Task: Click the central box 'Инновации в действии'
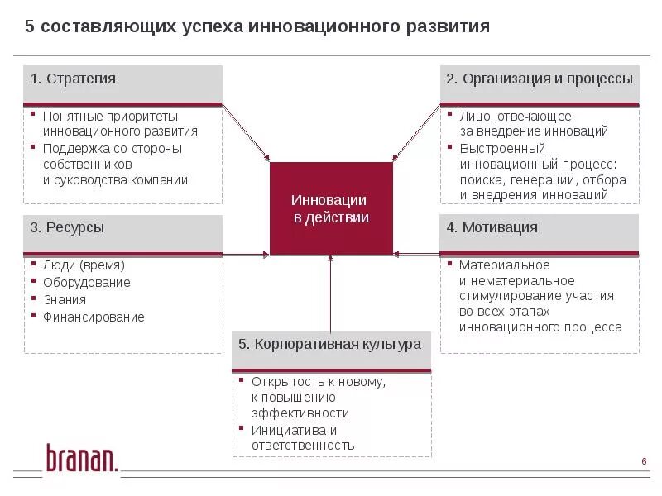(x=331, y=208)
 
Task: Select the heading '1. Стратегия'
(x=73, y=79)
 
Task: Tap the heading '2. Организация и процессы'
(x=540, y=79)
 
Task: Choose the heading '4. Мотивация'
(x=492, y=227)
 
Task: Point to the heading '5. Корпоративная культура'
(x=330, y=344)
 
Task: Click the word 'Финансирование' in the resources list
(x=94, y=317)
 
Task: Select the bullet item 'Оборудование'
(x=87, y=283)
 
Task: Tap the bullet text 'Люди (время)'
(x=84, y=265)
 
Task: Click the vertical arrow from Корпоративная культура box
(x=331, y=293)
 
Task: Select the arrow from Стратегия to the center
(x=247, y=133)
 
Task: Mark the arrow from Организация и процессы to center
(x=415, y=133)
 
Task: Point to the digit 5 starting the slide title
(x=30, y=27)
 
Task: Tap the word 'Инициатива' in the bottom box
(x=283, y=430)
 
